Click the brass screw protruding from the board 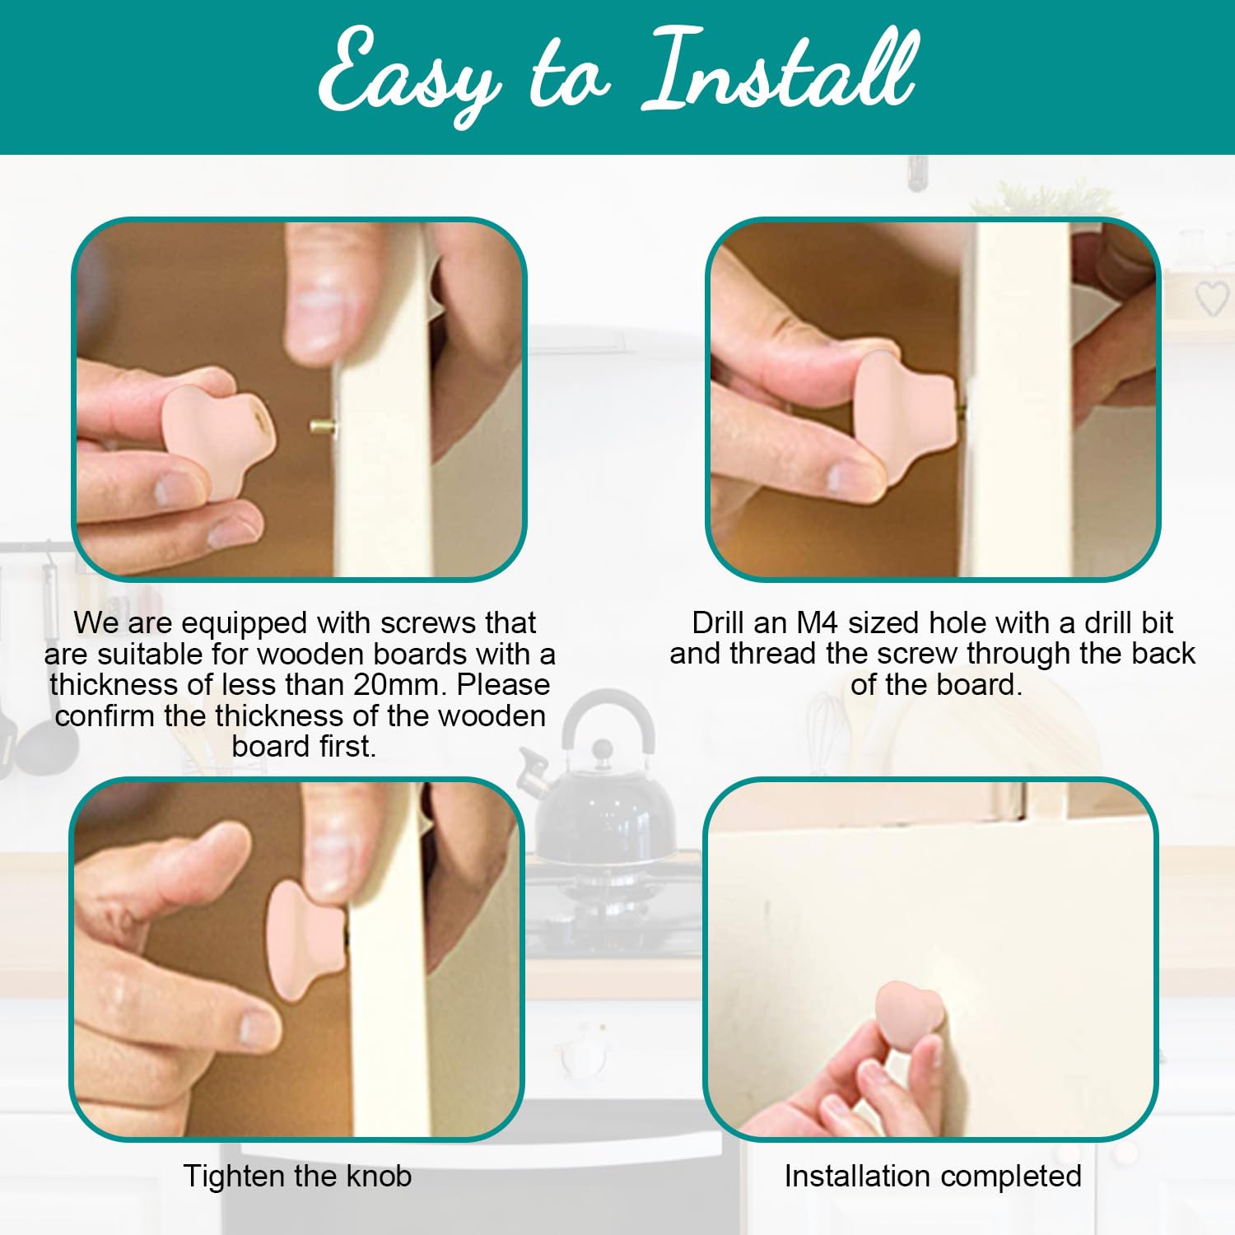tap(323, 426)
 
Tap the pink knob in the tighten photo tap(305, 939)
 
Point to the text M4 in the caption tap(817, 622)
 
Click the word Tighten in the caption tap(234, 1177)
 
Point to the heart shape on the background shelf tap(1212, 298)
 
